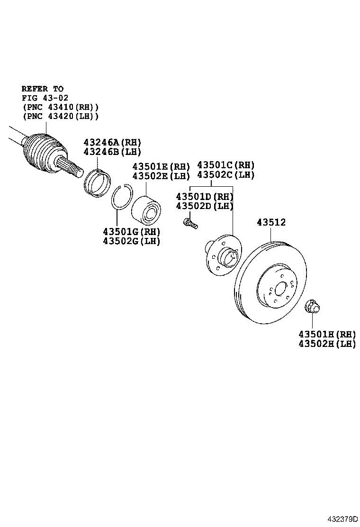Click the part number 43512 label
tap(271, 222)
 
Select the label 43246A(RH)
tap(112, 143)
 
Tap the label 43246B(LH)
tap(112, 152)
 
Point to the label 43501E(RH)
tap(161, 166)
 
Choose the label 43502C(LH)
tap(225, 175)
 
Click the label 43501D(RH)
tap(205, 197)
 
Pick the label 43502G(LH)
tap(132, 241)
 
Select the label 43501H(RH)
tap(327, 335)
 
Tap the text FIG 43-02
tap(45, 98)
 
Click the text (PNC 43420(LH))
tap(61, 116)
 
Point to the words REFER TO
tap(43, 89)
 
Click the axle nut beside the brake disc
tap(312, 307)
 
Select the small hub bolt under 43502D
tap(190, 224)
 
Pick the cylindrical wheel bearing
tap(146, 210)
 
